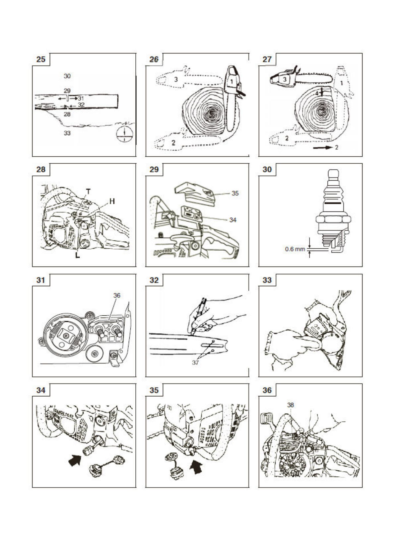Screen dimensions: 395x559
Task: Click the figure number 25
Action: tap(41, 59)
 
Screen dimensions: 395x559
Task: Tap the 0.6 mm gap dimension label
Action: tap(295, 249)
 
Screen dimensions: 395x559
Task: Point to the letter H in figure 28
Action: tap(112, 201)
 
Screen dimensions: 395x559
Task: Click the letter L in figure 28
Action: tap(78, 255)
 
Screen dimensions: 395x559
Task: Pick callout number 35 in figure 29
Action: tap(235, 193)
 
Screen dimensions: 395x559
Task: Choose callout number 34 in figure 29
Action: tap(233, 220)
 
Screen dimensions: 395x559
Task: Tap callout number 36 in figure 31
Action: tap(117, 295)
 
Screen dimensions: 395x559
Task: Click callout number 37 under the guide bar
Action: tap(195, 362)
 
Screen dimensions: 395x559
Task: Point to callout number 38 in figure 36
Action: tap(291, 405)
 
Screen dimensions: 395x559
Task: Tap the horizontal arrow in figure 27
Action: tap(323, 147)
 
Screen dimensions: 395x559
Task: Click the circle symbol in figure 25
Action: tap(124, 134)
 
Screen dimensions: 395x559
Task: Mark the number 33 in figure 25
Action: tap(67, 133)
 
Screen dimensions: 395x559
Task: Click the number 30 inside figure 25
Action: tap(67, 76)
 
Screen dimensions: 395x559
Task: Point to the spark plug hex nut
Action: tap(333, 220)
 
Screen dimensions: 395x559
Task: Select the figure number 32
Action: tap(154, 280)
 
